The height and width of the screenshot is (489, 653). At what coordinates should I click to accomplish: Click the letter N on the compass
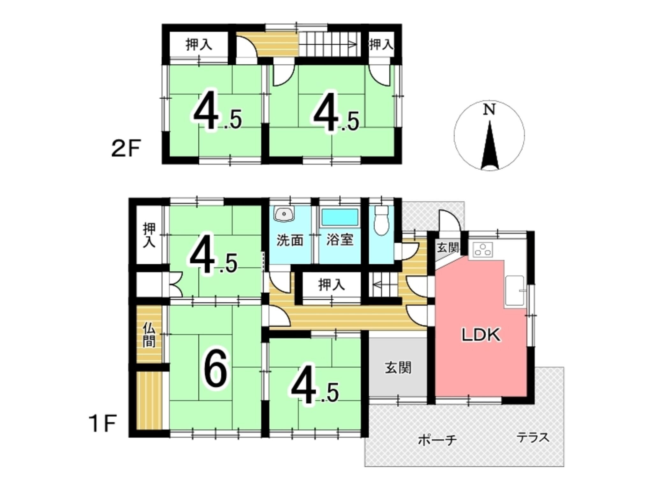pyautogui.click(x=489, y=110)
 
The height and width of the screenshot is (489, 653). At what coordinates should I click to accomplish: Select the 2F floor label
pyautogui.click(x=126, y=149)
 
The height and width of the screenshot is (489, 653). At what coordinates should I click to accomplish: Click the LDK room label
pyautogui.click(x=481, y=335)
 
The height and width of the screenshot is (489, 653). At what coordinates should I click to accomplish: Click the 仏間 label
pyautogui.click(x=149, y=335)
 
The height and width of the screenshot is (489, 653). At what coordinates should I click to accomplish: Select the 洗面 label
pyautogui.click(x=290, y=240)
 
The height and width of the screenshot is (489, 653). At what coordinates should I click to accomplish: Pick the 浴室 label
pyautogui.click(x=340, y=240)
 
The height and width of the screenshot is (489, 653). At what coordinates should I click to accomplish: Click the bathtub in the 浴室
pyautogui.click(x=340, y=217)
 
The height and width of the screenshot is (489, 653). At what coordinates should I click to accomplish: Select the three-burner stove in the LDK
pyautogui.click(x=483, y=250)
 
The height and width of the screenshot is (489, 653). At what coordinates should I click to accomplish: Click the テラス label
pyautogui.click(x=533, y=437)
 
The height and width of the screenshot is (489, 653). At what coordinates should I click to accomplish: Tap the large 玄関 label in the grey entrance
pyautogui.click(x=398, y=368)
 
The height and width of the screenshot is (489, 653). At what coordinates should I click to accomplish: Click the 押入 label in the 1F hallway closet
pyautogui.click(x=332, y=285)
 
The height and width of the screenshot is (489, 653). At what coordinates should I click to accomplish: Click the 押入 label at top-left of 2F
pyautogui.click(x=199, y=45)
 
